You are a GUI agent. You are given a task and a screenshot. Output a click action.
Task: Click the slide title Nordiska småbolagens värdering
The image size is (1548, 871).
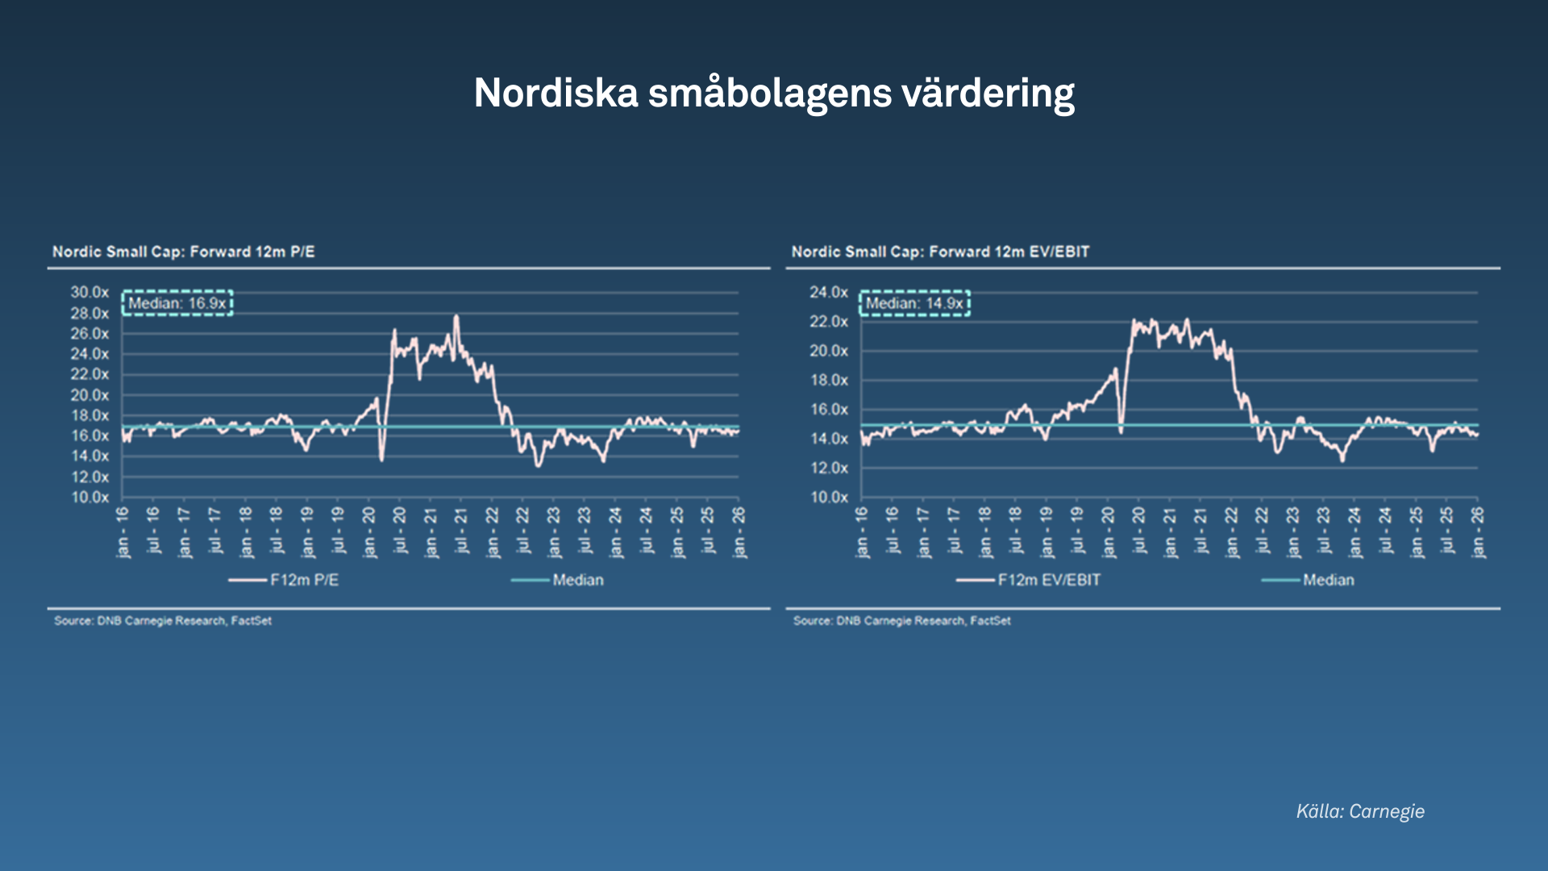tap(774, 93)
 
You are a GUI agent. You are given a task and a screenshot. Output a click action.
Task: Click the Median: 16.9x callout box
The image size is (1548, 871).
tap(177, 303)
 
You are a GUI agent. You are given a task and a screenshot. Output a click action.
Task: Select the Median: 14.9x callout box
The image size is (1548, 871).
tap(914, 303)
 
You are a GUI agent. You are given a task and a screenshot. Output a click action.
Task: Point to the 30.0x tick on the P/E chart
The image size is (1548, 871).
tap(89, 292)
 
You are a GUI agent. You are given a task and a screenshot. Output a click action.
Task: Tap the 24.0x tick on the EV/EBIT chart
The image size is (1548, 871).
tap(829, 292)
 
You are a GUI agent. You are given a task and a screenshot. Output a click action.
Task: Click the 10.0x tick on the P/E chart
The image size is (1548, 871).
tap(89, 497)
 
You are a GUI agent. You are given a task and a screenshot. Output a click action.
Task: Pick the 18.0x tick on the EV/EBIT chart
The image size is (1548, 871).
tap(829, 380)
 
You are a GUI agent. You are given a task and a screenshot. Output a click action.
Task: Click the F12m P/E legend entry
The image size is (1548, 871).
tap(284, 580)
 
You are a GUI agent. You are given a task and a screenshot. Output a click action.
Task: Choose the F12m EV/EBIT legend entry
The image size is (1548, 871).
tap(1029, 580)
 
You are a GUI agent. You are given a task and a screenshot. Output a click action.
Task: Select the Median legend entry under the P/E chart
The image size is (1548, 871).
tap(558, 580)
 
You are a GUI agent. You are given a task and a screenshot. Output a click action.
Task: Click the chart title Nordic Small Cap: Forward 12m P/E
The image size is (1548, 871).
tap(184, 252)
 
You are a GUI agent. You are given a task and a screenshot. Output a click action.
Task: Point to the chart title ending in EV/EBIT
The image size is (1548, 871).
tap(940, 252)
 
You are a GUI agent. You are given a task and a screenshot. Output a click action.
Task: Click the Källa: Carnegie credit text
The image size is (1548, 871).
tap(1360, 811)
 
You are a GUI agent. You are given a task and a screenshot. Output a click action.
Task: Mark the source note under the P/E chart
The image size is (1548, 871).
tap(163, 621)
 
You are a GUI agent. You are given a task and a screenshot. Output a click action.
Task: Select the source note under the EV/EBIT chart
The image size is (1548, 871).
tap(901, 621)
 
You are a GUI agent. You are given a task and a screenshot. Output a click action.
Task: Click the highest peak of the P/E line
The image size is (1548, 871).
tap(456, 317)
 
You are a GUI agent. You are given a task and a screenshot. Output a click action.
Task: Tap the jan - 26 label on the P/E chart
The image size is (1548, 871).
tap(739, 532)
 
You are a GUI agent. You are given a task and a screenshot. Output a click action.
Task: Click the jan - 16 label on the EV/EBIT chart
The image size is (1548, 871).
tap(862, 532)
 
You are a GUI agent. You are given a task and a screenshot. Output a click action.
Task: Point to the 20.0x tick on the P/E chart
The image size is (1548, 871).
tap(89, 395)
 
